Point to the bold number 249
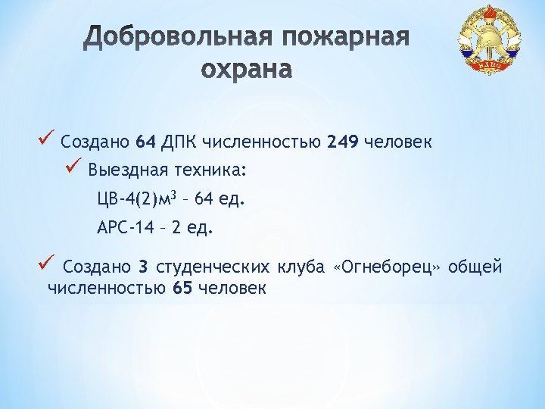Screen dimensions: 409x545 (x=343, y=142)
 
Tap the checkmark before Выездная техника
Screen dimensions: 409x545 (x=73, y=167)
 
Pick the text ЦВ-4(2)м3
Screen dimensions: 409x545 (x=136, y=199)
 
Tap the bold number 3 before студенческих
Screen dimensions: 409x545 (x=143, y=267)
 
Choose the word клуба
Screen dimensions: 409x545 (x=301, y=267)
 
